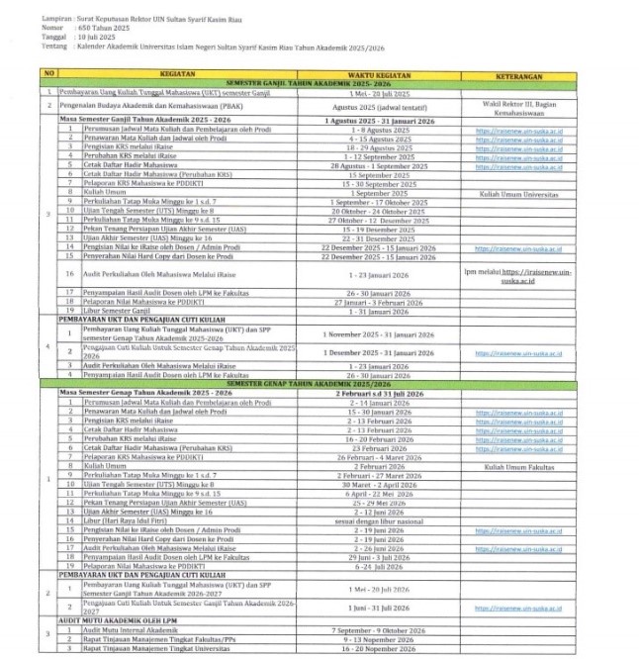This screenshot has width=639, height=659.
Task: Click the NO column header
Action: tap(46, 74)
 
